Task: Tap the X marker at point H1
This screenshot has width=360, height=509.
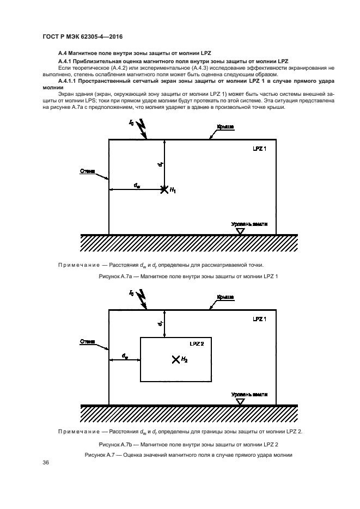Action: pyautogui.click(x=164, y=189)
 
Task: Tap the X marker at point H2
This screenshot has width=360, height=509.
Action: pyautogui.click(x=175, y=359)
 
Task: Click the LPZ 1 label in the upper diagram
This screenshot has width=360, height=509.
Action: pyautogui.click(x=260, y=148)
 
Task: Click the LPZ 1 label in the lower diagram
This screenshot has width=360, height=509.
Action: pyautogui.click(x=260, y=318)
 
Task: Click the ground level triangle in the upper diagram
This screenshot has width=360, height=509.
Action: pyautogui.click(x=240, y=231)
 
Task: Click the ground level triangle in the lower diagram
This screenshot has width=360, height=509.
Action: pyautogui.click(x=240, y=401)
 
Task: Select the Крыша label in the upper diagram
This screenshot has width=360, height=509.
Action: pyautogui.click(x=225, y=126)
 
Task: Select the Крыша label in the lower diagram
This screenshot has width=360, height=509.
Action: pyautogui.click(x=225, y=297)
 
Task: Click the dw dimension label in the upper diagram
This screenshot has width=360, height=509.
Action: pyautogui.click(x=137, y=185)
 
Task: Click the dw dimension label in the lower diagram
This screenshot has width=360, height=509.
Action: pyautogui.click(x=125, y=356)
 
